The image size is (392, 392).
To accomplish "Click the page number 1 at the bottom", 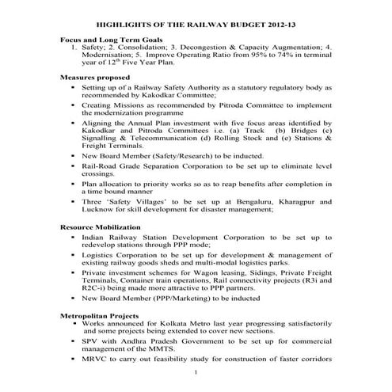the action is (x=195, y=372).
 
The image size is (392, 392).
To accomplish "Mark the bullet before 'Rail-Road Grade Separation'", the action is (x=73, y=167).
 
